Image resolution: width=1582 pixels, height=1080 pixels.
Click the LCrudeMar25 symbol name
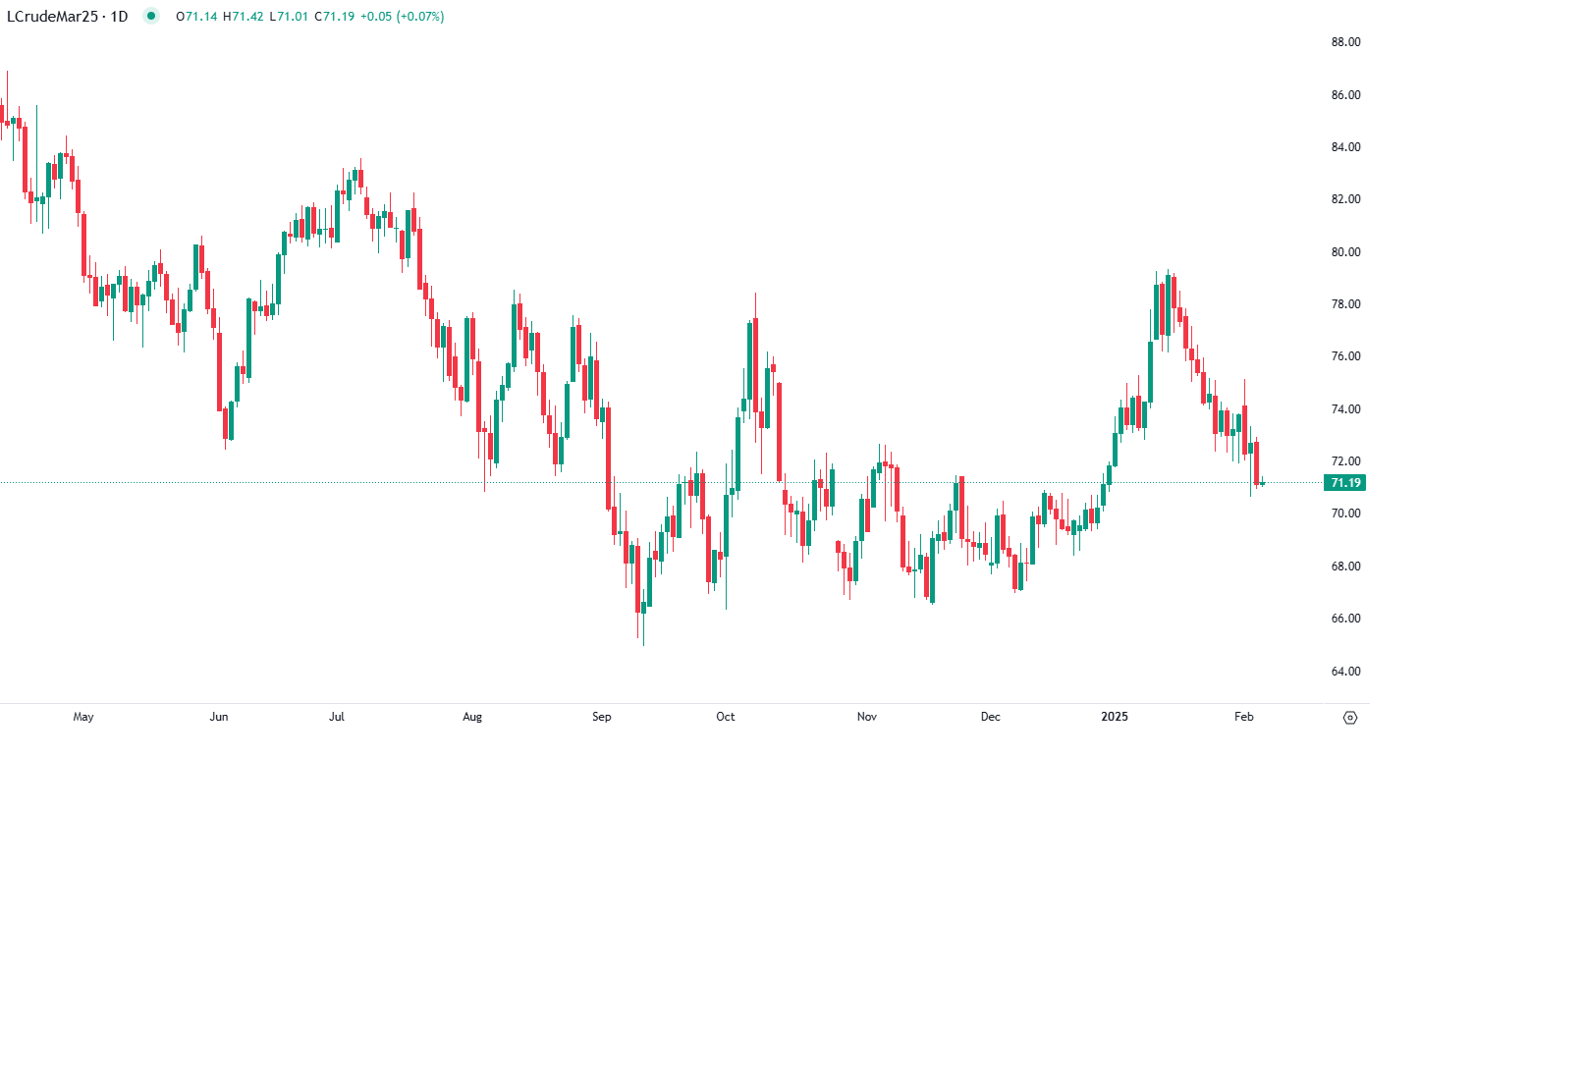[x=51, y=17]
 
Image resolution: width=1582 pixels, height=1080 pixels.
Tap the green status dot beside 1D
[x=150, y=16]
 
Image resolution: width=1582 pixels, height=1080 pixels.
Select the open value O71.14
[x=196, y=17]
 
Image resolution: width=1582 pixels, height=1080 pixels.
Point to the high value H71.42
[x=244, y=17]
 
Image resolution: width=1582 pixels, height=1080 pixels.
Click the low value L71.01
[x=290, y=17]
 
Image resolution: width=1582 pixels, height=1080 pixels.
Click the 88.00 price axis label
[x=1345, y=42]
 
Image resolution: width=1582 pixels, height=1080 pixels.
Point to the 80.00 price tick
[x=1345, y=252]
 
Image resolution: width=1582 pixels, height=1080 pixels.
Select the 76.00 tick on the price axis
[x=1345, y=356]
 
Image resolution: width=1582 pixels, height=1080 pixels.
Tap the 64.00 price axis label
[x=1345, y=672]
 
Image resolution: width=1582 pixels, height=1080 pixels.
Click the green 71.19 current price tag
[x=1344, y=483]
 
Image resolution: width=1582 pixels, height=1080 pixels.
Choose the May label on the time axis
[x=83, y=717]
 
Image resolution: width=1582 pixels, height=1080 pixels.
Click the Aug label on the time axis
[x=472, y=717]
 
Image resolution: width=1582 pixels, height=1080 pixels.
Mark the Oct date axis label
[x=726, y=717]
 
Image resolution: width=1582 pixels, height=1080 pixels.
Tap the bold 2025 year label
[x=1115, y=717]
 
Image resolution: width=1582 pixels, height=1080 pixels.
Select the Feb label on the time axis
[x=1244, y=717]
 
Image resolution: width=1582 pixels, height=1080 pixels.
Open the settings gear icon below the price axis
[x=1350, y=718]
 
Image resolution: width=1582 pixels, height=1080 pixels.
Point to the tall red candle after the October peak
[x=780, y=432]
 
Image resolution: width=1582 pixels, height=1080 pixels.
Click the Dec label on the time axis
[x=991, y=717]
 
